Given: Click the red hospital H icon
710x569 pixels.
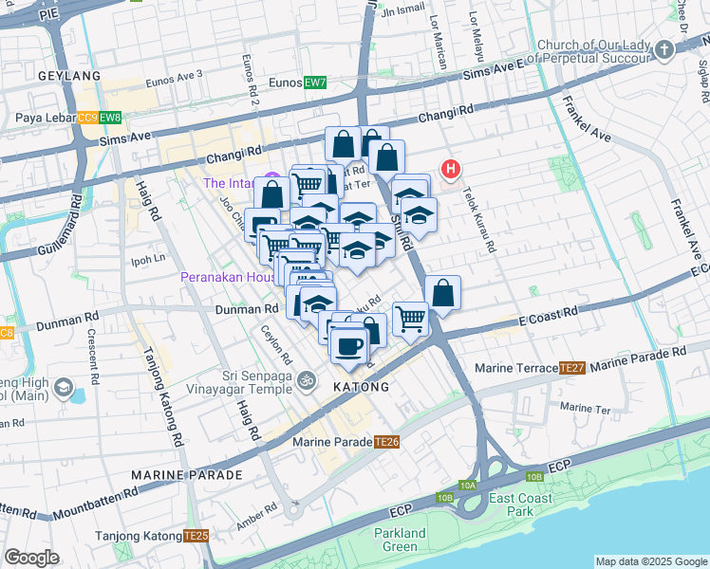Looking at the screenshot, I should point(450,170).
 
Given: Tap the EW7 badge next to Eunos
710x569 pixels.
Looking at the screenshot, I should point(315,83).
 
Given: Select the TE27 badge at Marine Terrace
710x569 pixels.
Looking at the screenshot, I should point(571,368).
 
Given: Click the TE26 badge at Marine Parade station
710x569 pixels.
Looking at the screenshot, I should point(386,442).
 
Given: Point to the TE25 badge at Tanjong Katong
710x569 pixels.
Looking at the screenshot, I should point(196,536).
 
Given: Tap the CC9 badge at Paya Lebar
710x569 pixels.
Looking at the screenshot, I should point(87,118).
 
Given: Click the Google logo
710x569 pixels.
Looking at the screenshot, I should point(31,558).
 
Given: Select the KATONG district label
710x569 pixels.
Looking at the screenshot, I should point(361,387).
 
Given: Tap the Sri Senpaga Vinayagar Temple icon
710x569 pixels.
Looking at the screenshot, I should point(306,380).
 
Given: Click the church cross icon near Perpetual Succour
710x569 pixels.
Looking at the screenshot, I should point(664,49).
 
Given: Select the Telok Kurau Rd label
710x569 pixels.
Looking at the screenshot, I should point(479,219).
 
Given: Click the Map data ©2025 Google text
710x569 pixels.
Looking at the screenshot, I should point(651,561).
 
